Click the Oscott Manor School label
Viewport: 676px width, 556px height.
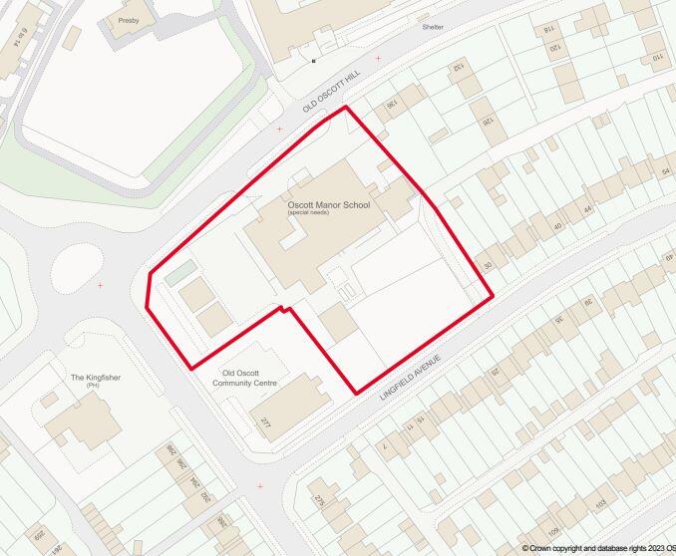pyautogui.click(x=328, y=205)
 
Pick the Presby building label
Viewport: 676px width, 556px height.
pyautogui.click(x=129, y=20)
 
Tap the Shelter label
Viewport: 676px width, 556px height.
pyautogui.click(x=432, y=27)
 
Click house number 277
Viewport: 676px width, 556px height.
pyautogui.click(x=265, y=424)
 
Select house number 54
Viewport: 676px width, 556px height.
pyautogui.click(x=665, y=172)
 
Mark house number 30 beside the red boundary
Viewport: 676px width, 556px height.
pyautogui.click(x=488, y=265)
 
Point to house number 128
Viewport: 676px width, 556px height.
pyautogui.click(x=488, y=121)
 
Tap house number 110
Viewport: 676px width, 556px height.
pyautogui.click(x=657, y=58)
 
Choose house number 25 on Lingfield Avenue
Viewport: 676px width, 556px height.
pyautogui.click(x=494, y=371)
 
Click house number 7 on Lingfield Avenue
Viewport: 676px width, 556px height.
pyautogui.click(x=385, y=446)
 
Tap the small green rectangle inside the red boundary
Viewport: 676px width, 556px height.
pyautogui.click(x=180, y=271)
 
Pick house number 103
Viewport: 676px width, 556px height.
pyautogui.click(x=601, y=507)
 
